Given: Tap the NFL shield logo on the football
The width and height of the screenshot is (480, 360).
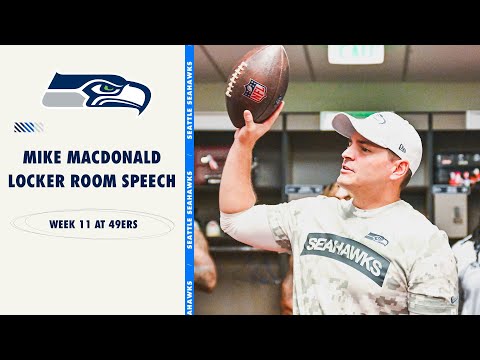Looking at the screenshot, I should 258,90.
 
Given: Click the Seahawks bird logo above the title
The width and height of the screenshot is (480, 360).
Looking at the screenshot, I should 97,93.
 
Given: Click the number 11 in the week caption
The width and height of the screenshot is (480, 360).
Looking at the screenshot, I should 81,224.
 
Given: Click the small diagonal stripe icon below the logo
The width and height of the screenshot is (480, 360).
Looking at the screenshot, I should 28,127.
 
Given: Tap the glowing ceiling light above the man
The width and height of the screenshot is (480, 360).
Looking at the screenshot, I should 355,54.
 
